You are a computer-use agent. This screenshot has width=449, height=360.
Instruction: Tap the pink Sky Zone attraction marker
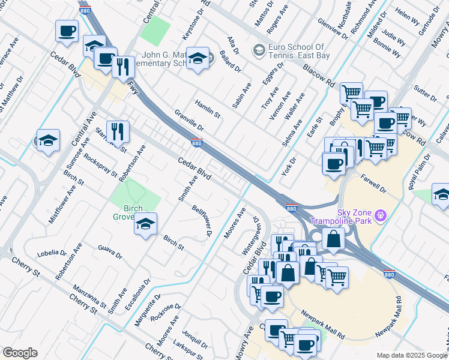379,214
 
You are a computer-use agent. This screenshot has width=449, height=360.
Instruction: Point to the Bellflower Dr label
202,220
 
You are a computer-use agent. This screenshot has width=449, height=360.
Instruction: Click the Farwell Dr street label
373,183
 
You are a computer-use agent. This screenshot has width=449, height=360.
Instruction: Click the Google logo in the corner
20,353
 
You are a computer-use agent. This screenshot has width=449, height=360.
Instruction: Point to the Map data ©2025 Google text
412,355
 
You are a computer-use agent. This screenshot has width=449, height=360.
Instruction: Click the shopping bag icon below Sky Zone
333,239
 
